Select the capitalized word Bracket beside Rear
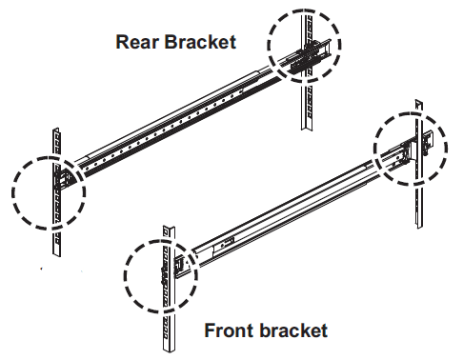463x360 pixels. click(x=200, y=42)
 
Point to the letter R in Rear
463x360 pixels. click(x=122, y=42)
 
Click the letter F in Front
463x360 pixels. click(x=210, y=330)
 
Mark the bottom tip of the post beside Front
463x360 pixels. click(x=169, y=351)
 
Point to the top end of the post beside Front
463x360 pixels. click(x=169, y=227)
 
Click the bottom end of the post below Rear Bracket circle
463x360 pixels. click(x=307, y=128)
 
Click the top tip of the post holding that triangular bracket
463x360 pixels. click(x=56, y=130)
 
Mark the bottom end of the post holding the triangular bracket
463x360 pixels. click(x=56, y=254)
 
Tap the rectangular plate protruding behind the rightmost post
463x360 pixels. click(x=428, y=139)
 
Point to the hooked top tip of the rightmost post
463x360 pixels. click(x=419, y=102)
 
